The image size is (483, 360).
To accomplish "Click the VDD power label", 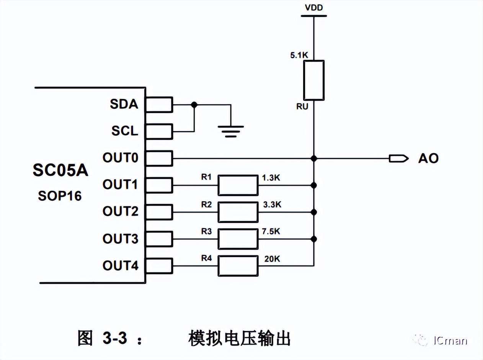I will click(x=314, y=8).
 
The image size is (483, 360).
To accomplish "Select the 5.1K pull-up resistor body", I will click(x=314, y=80).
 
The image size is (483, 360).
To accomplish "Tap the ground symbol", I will click(x=231, y=131).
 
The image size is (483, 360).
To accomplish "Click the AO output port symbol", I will click(x=397, y=158).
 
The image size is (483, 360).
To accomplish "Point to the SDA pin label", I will click(x=124, y=104).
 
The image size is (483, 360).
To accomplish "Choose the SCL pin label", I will click(x=124, y=131).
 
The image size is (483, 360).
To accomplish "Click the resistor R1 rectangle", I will click(x=238, y=185).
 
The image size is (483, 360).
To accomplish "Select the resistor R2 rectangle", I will click(x=238, y=212).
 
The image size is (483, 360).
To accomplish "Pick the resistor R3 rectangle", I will click(x=238, y=239).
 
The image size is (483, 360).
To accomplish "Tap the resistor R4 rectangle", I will click(x=238, y=266).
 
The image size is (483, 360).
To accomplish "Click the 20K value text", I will click(x=272, y=259).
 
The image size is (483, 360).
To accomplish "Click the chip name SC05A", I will click(x=60, y=171).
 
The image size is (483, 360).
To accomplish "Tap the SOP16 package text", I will click(x=60, y=196).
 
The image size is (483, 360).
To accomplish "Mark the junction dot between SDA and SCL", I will click(x=194, y=104).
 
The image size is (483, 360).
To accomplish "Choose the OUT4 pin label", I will click(x=120, y=265).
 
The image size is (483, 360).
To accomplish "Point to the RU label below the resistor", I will click(x=302, y=107).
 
